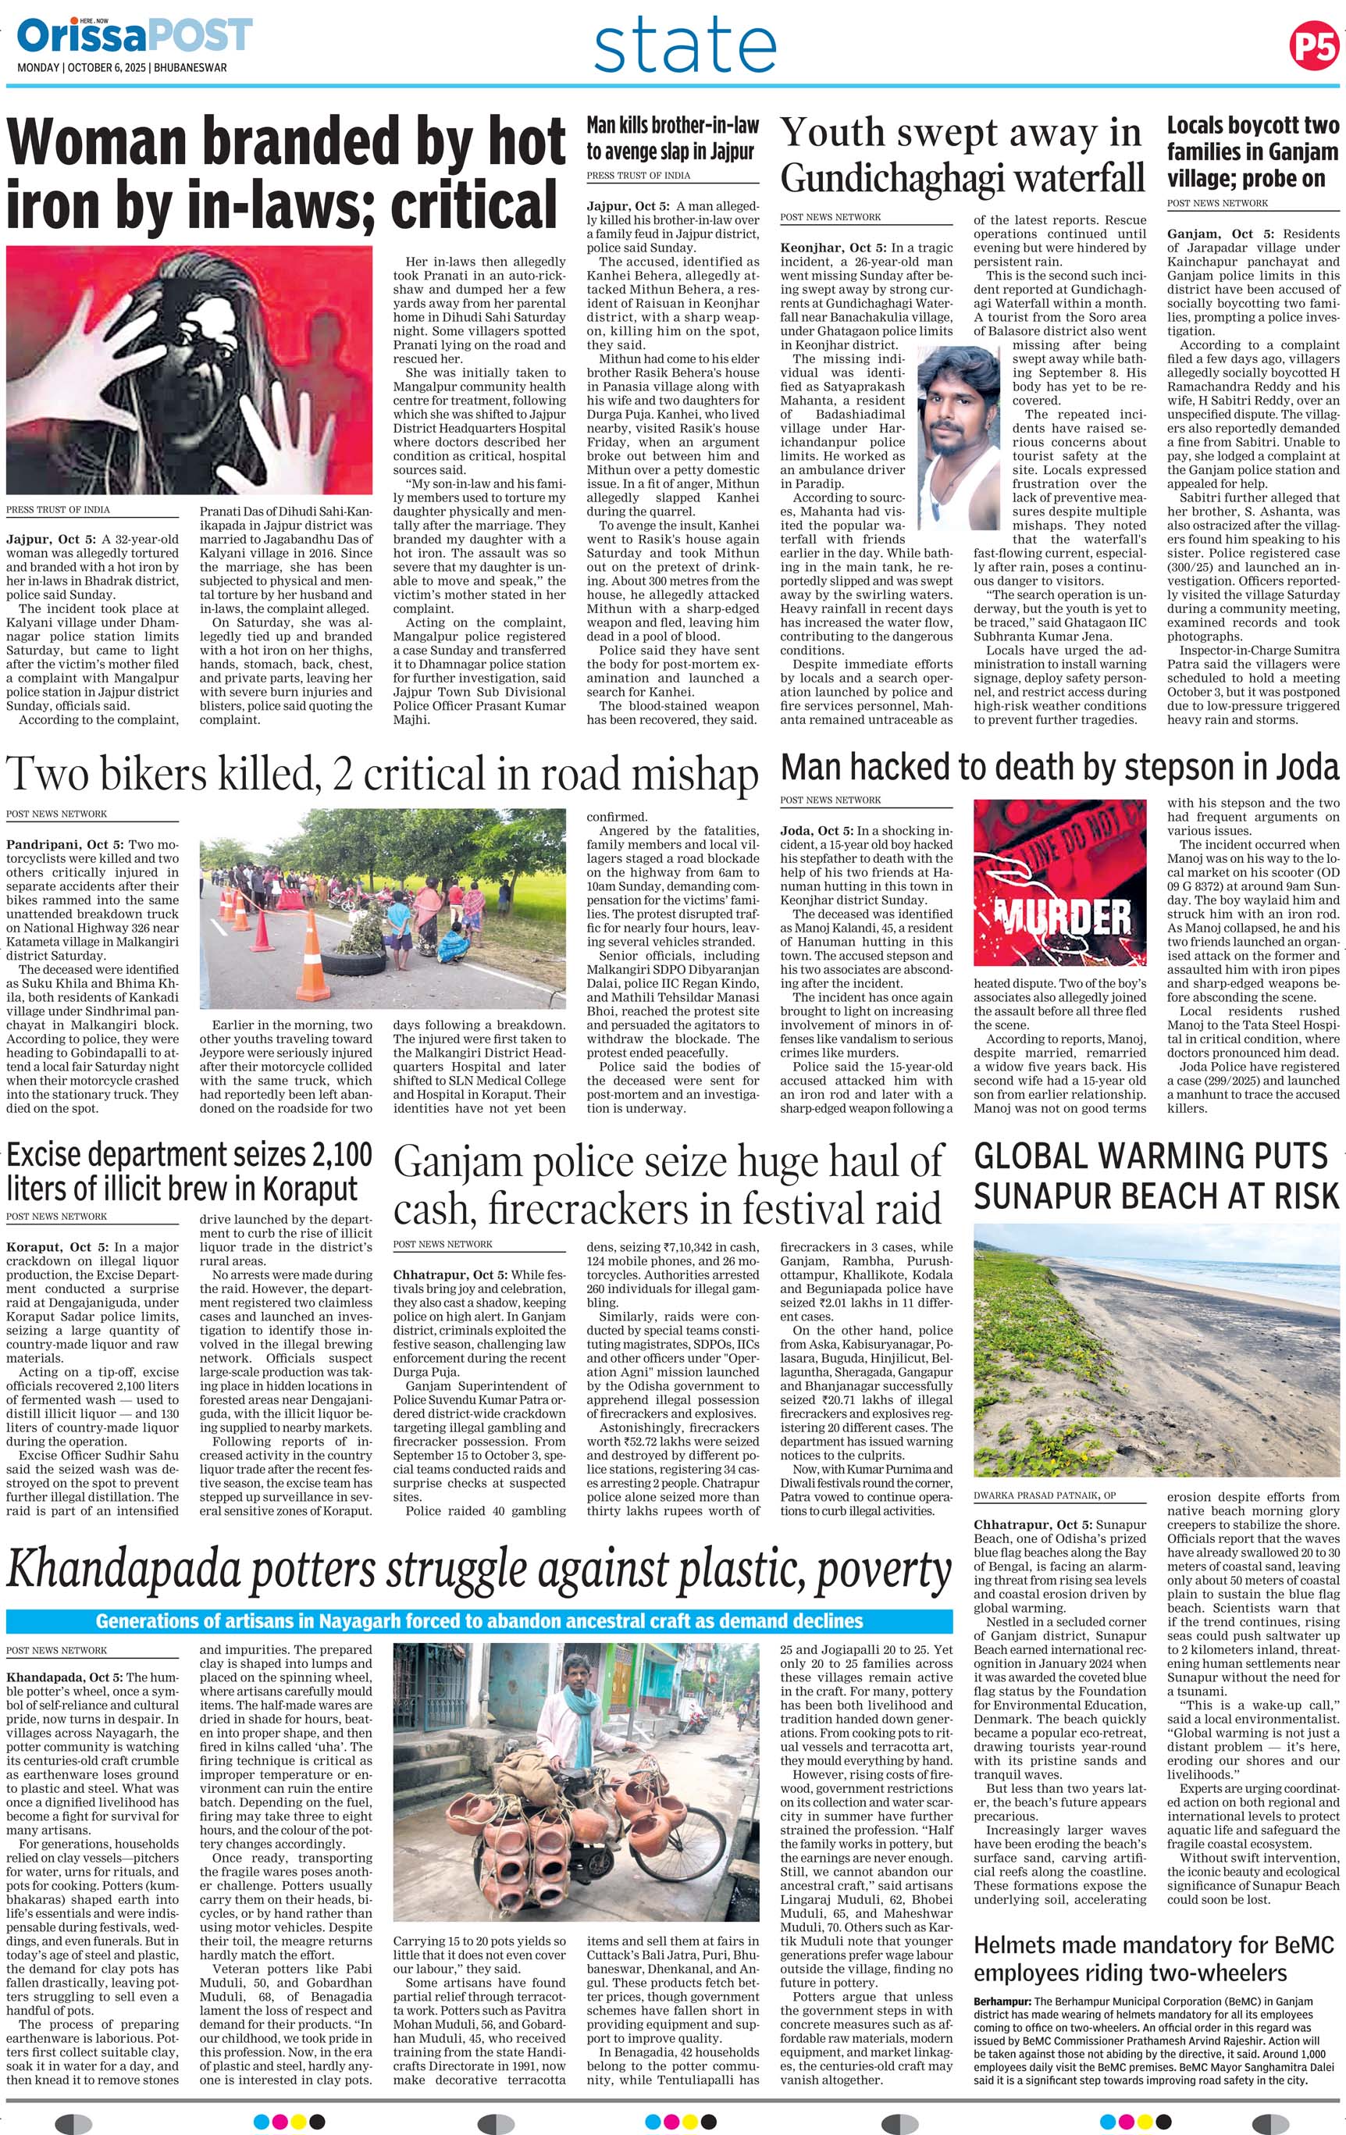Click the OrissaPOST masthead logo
pyautogui.click(x=134, y=37)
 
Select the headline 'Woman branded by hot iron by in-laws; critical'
pyautogui.click(x=286, y=172)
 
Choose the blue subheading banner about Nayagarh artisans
pyautogui.click(x=479, y=1620)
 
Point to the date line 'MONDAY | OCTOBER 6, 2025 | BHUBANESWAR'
pyautogui.click(x=123, y=66)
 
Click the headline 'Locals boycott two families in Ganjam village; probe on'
pyautogui.click(x=1252, y=155)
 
